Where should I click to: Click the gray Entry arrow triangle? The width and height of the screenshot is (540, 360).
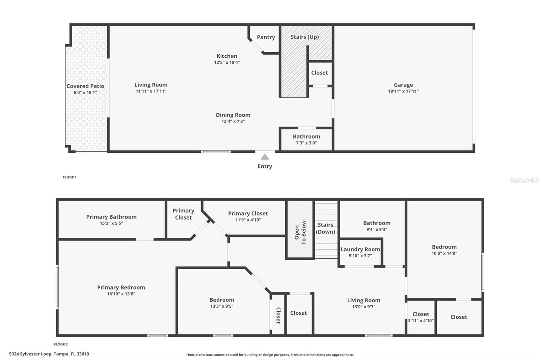pos(265,157)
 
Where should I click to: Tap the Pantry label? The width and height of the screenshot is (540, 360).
pos(266,37)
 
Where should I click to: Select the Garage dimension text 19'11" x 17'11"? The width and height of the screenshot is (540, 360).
pos(403,91)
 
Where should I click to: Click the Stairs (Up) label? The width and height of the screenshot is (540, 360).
pos(305,37)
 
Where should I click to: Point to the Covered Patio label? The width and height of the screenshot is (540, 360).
pos(85,86)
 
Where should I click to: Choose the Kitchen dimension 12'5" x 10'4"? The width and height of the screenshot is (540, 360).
pos(227,62)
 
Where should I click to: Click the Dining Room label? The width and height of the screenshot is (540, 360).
pos(233,115)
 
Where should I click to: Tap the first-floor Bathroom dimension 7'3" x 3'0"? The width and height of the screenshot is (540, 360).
pos(306,143)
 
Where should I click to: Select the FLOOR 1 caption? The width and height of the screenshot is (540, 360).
pos(70,177)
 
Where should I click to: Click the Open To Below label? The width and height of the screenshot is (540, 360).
pos(300,232)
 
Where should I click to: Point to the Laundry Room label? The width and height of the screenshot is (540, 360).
pos(360,249)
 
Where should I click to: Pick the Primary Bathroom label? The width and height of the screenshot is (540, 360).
pos(111,217)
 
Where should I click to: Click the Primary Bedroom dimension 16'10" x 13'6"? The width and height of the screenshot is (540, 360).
pos(121,294)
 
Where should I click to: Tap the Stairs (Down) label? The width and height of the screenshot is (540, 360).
pos(325,228)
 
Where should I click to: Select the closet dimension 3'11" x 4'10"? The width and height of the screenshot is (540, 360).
pos(421,321)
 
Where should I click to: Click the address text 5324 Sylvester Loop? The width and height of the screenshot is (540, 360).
pos(30,354)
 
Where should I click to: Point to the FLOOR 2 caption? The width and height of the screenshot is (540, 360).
pos(61,344)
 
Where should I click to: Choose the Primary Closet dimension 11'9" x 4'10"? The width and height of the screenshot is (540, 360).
pos(248,220)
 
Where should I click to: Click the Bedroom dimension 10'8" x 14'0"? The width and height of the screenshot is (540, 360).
pos(444,253)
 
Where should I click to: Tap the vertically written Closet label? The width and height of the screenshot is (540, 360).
pos(278,316)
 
